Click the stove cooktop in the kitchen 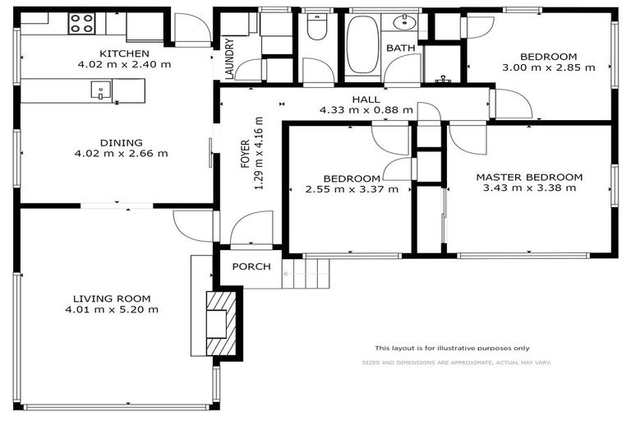(81, 23)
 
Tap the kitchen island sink (101, 90)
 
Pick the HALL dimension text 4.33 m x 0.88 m (366, 110)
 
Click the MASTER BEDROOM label (528, 177)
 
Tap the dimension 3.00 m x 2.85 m (548, 67)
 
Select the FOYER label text (245, 154)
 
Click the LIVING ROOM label (112, 298)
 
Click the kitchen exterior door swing (187, 33)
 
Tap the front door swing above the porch (251, 229)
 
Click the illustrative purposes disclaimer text (452, 348)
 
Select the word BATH (401, 49)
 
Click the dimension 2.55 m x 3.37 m (351, 189)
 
